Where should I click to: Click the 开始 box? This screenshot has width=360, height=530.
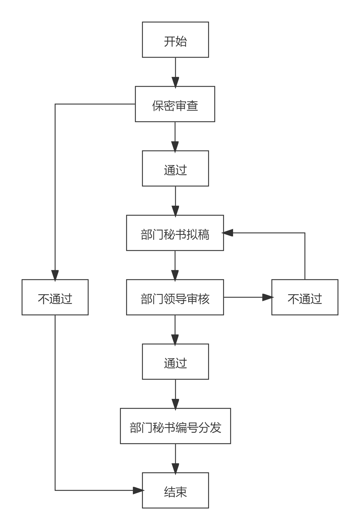click(x=175, y=40)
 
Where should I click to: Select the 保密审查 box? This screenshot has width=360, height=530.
click(x=175, y=104)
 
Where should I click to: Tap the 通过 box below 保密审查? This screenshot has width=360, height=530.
click(x=175, y=168)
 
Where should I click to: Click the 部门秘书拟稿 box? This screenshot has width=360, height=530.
click(x=175, y=233)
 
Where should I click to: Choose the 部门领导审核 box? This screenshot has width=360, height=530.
click(x=175, y=297)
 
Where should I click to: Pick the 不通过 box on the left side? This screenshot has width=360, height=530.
click(x=55, y=297)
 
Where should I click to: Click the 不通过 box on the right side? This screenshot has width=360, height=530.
click(x=305, y=297)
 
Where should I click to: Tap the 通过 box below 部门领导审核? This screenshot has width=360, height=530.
click(x=175, y=362)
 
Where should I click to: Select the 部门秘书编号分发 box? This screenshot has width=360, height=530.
click(x=175, y=426)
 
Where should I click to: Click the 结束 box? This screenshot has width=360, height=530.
click(x=175, y=490)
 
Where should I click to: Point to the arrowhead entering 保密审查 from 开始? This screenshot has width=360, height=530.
click(x=175, y=82)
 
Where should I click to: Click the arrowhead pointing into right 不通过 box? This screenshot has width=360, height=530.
click(x=267, y=297)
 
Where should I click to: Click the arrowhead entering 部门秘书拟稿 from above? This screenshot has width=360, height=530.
click(x=175, y=211)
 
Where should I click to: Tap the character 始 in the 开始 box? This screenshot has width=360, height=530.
click(x=181, y=41)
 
